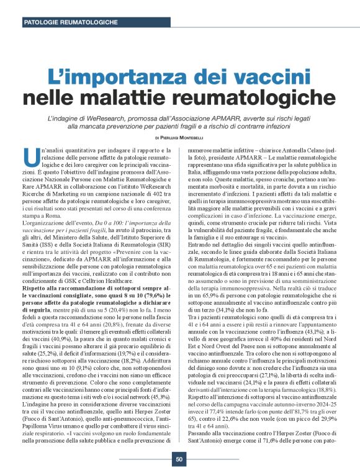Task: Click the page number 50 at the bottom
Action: [x=179, y=460]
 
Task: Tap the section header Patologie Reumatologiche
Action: [x=70, y=22]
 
